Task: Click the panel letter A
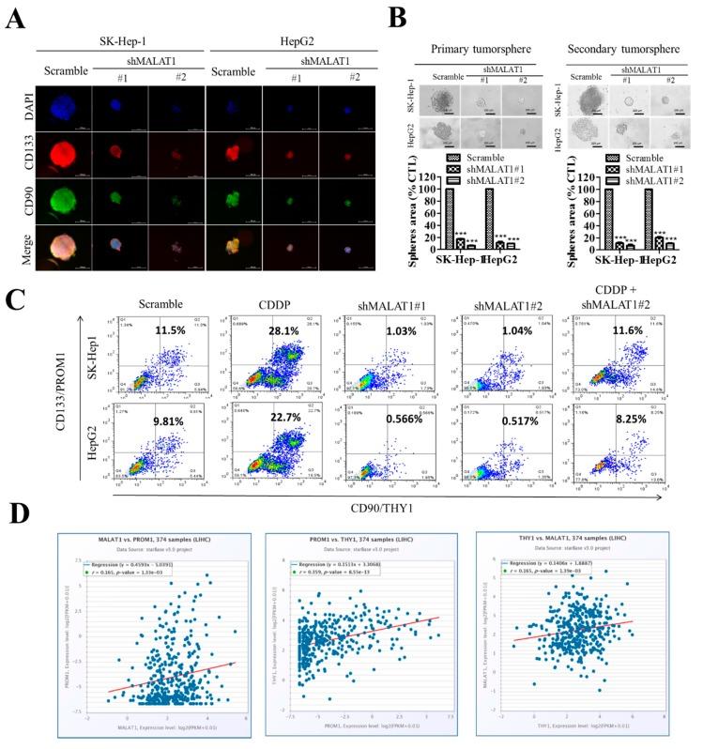tap(16, 18)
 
